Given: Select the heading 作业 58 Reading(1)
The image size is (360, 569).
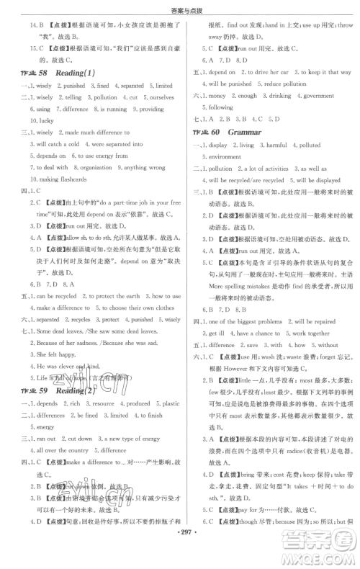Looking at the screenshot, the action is point(58,73).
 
